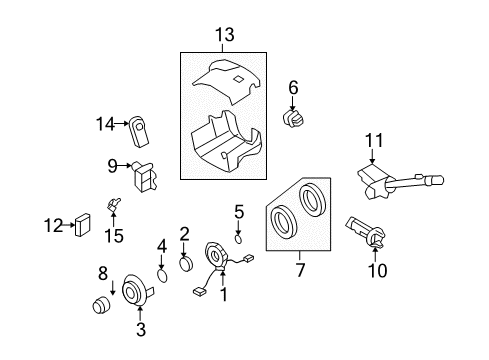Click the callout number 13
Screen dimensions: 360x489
click(225, 36)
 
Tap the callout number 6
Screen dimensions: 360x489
click(293, 88)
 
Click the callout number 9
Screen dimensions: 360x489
click(112, 165)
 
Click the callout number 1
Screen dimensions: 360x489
click(224, 294)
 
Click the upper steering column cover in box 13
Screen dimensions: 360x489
click(225, 79)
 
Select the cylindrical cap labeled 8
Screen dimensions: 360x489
click(100, 305)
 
